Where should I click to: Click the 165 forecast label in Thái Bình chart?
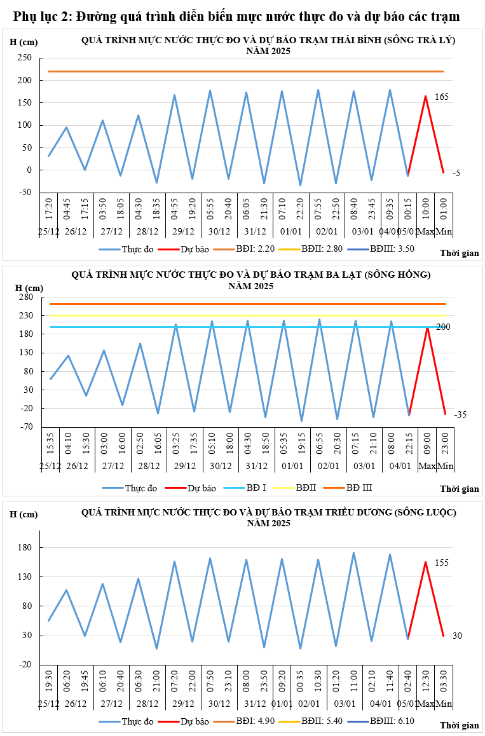point(442,97)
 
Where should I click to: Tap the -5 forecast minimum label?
point(456,173)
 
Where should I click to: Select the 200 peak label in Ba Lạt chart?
point(443,327)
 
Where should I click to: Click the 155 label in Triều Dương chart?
point(442,562)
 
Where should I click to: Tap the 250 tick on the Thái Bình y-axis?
point(25,58)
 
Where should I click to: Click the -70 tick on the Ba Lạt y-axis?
point(25,427)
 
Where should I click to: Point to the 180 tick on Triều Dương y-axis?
point(25,548)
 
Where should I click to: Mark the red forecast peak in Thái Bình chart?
point(425,96)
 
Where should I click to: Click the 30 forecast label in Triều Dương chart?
point(456,636)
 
